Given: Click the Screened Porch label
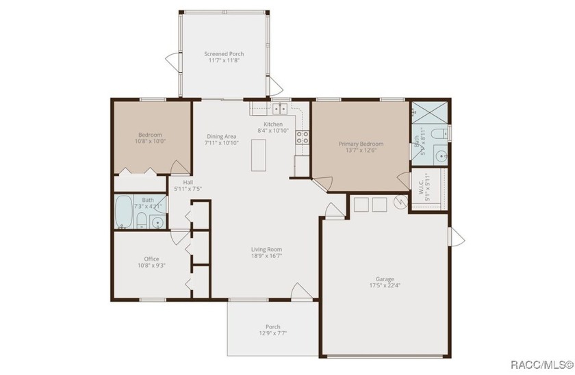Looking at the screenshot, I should click(224, 54).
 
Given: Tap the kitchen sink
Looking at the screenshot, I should click(279, 108).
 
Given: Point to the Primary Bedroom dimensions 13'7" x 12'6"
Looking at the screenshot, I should click(361, 151).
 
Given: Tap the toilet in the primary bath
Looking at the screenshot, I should click(443, 133).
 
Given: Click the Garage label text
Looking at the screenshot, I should click(384, 279).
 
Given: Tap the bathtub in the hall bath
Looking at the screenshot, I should click(124, 213).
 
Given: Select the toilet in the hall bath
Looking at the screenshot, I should click(140, 221).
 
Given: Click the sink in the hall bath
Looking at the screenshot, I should click(157, 222).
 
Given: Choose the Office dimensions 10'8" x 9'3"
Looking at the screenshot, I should click(151, 266).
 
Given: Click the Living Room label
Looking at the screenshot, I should click(266, 250).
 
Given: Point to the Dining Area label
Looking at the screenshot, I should click(222, 136).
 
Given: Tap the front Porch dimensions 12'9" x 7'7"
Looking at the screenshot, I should click(272, 334).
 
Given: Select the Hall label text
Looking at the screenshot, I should click(188, 182).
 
